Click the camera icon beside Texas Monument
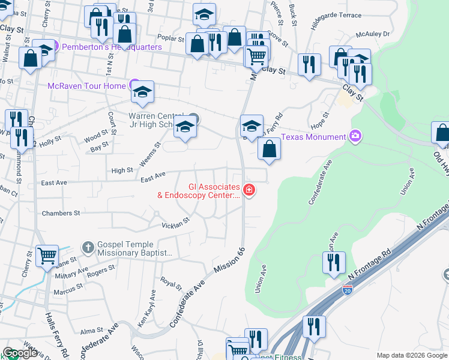(x=355, y=137)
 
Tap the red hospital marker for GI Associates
(x=249, y=191)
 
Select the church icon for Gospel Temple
(x=88, y=247)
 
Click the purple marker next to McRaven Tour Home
(x=134, y=85)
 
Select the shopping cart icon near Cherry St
(x=47, y=256)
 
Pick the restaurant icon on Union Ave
(x=333, y=262)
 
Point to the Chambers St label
(x=61, y=213)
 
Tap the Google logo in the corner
(x=20, y=353)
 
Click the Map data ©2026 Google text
(x=411, y=355)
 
